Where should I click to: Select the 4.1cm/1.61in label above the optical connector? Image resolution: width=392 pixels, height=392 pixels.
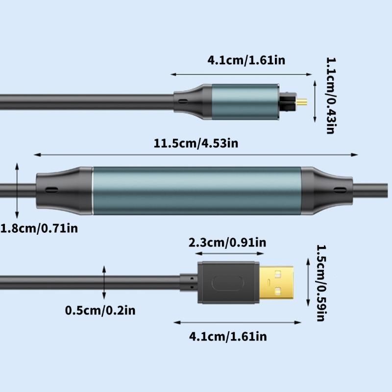pyautogui.click(x=246, y=61)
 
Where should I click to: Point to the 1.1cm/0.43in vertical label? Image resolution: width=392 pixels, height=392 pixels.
pyautogui.click(x=331, y=96)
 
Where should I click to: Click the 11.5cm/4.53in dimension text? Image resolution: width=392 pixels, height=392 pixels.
pyautogui.click(x=196, y=143)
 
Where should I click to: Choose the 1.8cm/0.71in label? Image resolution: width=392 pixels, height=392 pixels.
pyautogui.click(x=39, y=228)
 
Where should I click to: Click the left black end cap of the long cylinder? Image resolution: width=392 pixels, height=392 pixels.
pyautogui.click(x=64, y=189)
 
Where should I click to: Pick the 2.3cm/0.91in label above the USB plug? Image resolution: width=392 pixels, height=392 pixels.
pyautogui.click(x=227, y=243)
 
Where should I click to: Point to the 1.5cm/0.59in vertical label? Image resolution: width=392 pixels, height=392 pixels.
pyautogui.click(x=320, y=283)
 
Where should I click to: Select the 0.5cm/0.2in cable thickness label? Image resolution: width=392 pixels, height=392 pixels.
pyautogui.click(x=100, y=310)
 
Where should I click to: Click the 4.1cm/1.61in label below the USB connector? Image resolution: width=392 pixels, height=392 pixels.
pyautogui.click(x=228, y=336)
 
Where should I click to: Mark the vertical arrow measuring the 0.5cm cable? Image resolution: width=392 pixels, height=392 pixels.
pyautogui.click(x=104, y=283)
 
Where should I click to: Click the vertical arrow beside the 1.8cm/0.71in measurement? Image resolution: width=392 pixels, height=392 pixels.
pyautogui.click(x=17, y=191)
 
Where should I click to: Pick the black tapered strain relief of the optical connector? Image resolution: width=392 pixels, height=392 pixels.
pyautogui.click(x=194, y=102)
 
